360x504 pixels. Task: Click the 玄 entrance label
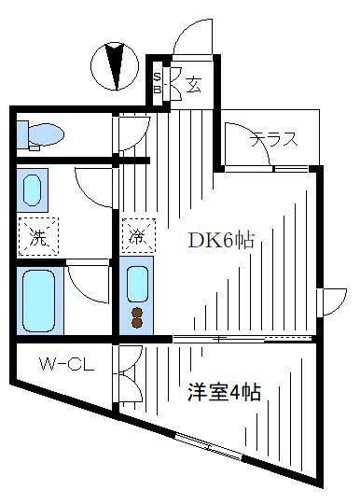tap(193, 87)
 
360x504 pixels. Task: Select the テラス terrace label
tap(273, 140)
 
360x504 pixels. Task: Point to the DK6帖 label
tap(221, 240)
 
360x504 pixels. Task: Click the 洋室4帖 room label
tap(223, 393)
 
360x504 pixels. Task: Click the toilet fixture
tap(41, 133)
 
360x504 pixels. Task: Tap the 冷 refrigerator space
tap(136, 236)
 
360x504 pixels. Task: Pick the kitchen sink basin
tap(137, 282)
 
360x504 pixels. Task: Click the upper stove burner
tap(137, 312)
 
